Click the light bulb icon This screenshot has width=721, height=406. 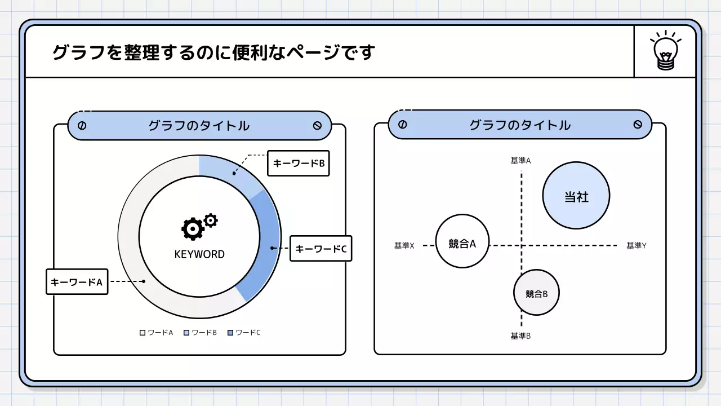point(665,51)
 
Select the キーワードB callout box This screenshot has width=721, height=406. point(298,163)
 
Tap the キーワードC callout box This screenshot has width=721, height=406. point(321,248)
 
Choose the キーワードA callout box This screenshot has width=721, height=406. point(77,281)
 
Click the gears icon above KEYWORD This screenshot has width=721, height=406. point(199,227)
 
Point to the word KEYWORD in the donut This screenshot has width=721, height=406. point(199,254)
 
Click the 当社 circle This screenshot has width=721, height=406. point(576,196)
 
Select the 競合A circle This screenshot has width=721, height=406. point(462,241)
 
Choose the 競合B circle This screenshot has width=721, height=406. point(536,293)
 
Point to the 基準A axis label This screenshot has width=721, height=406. point(520,161)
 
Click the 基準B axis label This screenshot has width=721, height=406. point(520,336)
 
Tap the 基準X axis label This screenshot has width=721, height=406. point(404,246)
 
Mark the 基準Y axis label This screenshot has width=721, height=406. point(636,246)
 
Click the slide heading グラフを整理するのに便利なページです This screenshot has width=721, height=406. point(213,52)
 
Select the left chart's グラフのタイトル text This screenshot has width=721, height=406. point(199,126)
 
